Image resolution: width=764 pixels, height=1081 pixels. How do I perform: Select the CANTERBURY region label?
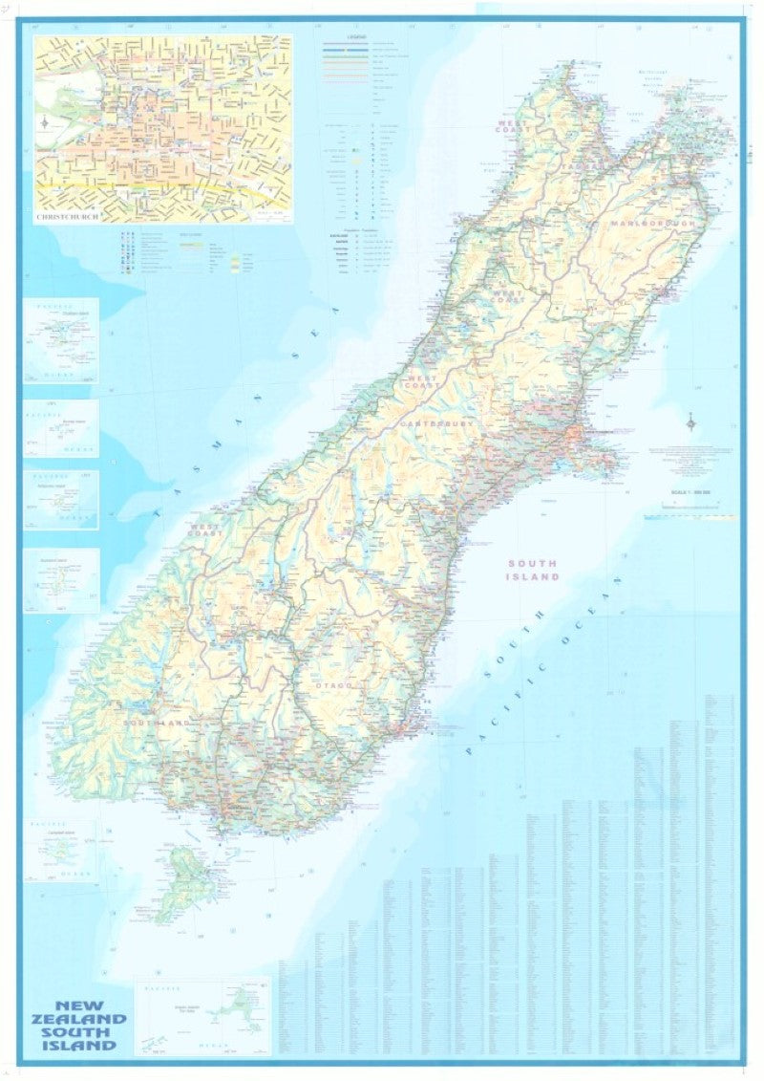click(x=437, y=422)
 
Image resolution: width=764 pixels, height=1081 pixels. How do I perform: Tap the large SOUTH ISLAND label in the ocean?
click(x=534, y=570)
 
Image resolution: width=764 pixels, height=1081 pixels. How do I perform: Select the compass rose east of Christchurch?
click(x=690, y=422)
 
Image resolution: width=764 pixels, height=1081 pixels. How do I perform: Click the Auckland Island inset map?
click(x=61, y=580)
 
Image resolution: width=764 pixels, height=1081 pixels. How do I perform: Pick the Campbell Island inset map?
click(x=61, y=850)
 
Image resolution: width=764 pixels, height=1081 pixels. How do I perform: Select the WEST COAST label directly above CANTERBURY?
click(x=421, y=384)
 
